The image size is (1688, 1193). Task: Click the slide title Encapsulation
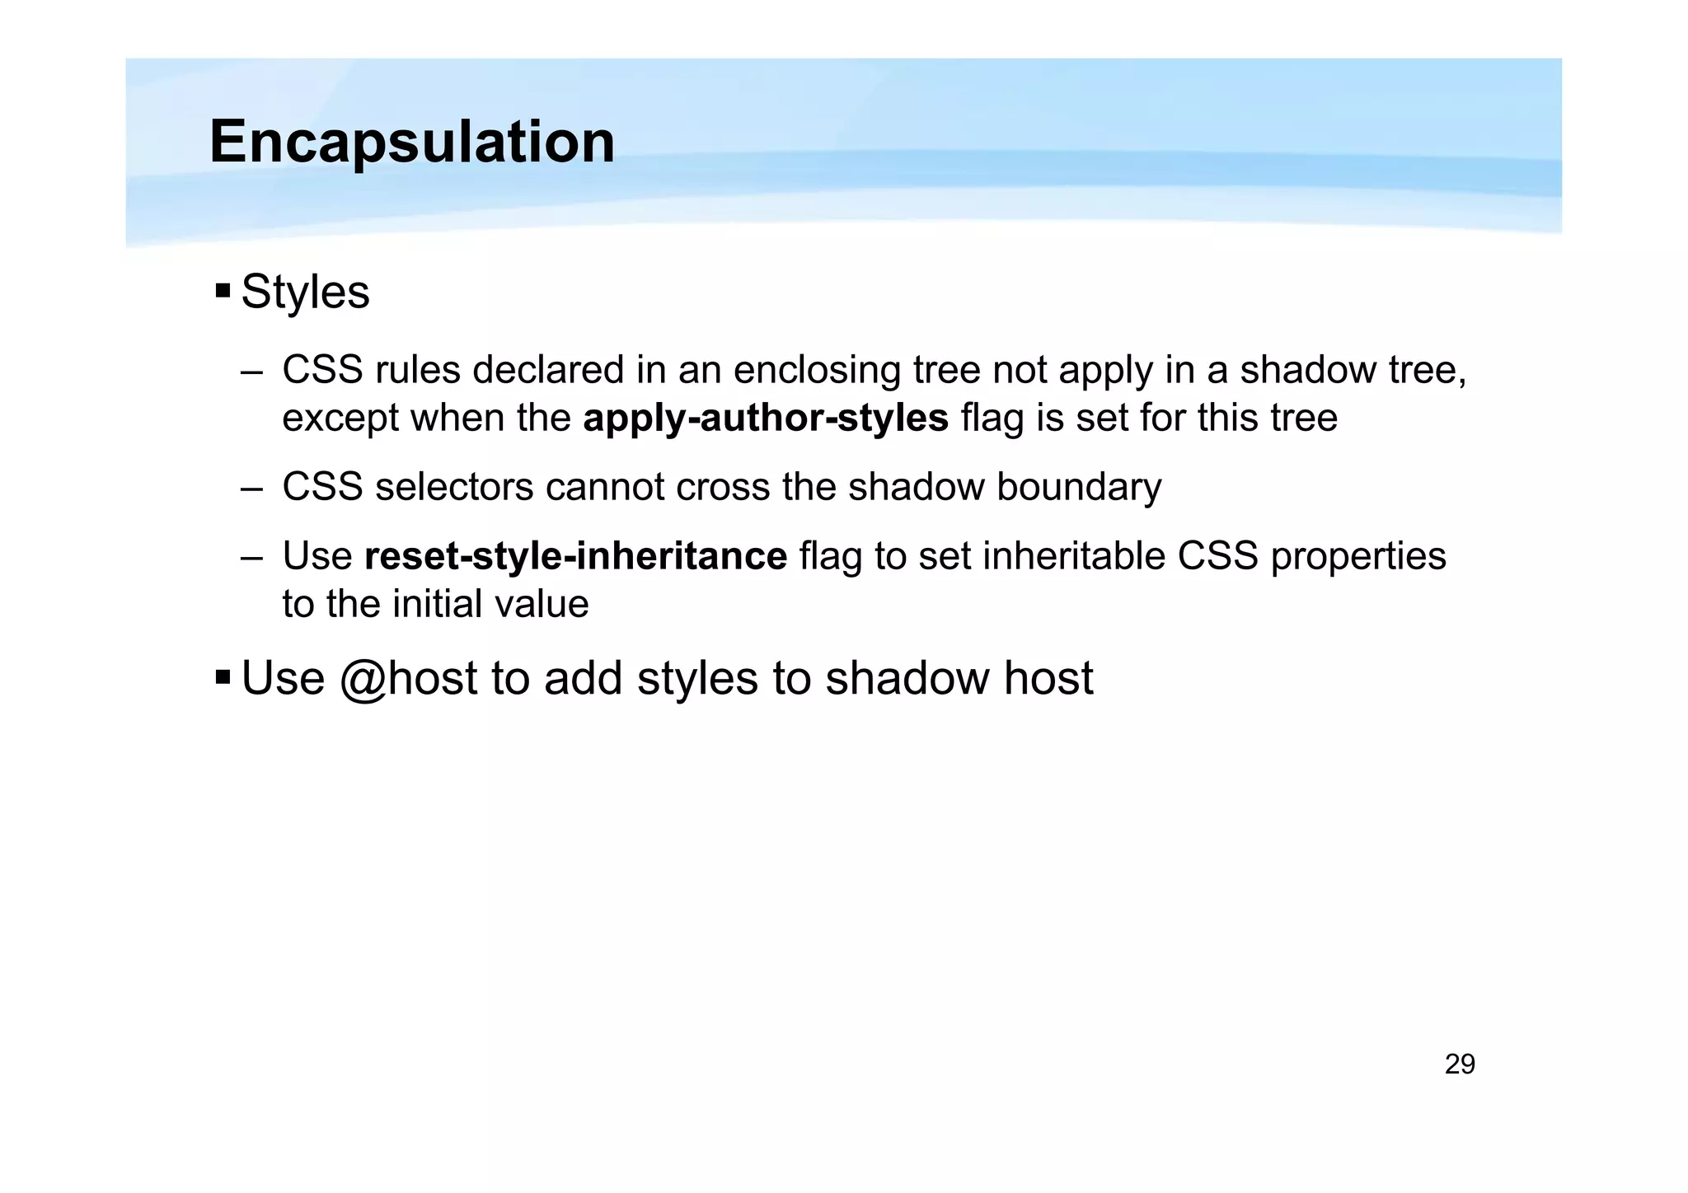click(x=412, y=142)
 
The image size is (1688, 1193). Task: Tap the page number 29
click(x=1460, y=1064)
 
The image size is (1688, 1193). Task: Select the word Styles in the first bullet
click(x=305, y=292)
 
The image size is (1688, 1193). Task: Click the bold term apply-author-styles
click(x=766, y=418)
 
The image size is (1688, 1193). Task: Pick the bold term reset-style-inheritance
click(x=575, y=556)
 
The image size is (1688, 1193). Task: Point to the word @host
click(x=408, y=679)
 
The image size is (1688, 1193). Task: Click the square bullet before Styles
click(x=223, y=291)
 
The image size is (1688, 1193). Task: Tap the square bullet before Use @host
click(x=223, y=677)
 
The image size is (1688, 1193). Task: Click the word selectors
click(x=455, y=487)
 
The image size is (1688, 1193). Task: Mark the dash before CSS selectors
click(x=251, y=488)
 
